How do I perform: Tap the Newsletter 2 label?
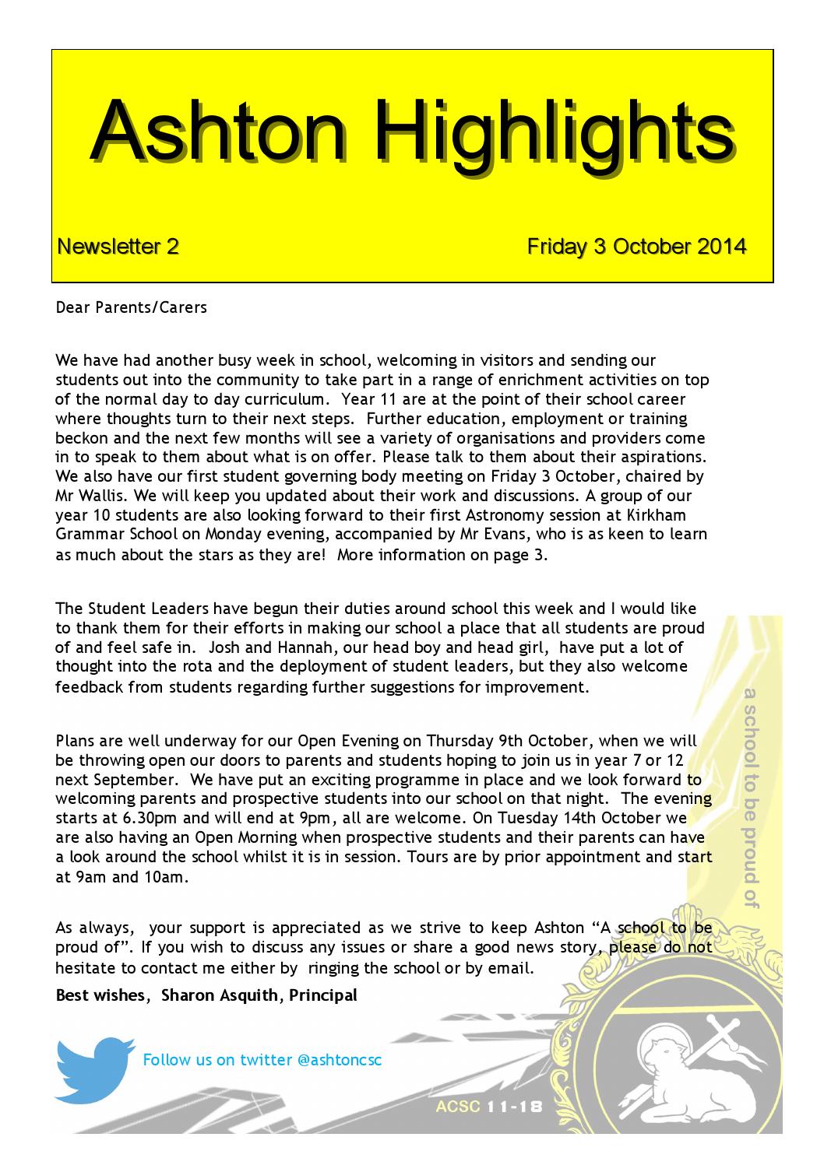118,247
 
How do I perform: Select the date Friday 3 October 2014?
636,247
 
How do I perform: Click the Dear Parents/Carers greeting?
132,307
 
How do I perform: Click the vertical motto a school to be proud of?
751,797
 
